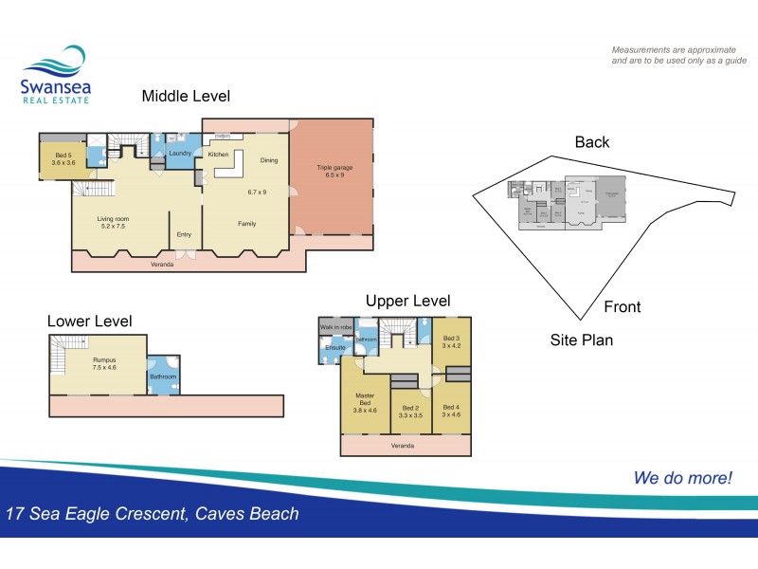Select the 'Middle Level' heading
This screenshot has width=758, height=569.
point(186,96)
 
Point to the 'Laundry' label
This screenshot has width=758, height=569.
point(181,154)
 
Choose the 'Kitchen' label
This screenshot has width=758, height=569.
point(219,154)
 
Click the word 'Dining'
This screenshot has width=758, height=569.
point(269,160)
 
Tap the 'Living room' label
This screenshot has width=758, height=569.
point(113,219)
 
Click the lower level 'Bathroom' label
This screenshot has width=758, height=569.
point(162,376)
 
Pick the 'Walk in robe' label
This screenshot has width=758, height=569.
point(334,327)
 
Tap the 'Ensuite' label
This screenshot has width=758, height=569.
point(334,348)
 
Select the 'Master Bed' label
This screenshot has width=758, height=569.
point(365,399)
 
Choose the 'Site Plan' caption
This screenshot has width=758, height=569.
point(582,339)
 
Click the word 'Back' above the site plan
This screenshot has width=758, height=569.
point(592,142)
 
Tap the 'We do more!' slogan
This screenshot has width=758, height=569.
point(682,478)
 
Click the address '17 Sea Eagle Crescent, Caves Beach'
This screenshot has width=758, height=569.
point(153,515)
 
